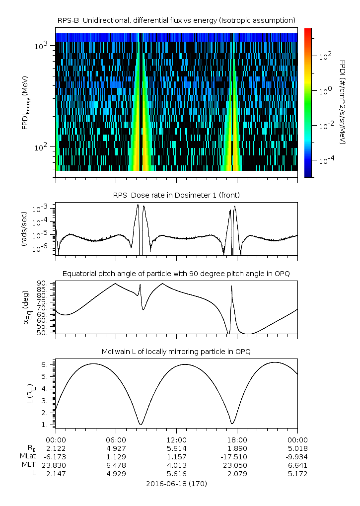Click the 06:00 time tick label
(116, 439)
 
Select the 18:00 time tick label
(237, 439)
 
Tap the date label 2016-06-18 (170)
(176, 483)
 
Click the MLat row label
(26, 456)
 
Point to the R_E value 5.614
(176, 448)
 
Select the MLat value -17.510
(237, 456)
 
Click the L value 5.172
(297, 474)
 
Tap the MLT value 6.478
(116, 465)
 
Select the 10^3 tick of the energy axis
(40, 46)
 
